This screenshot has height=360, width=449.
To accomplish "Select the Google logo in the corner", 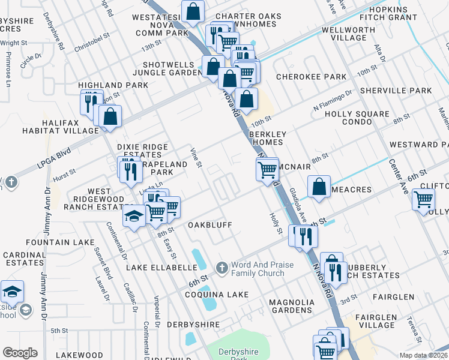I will [20, 353].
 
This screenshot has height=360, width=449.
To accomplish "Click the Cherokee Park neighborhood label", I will [311, 77].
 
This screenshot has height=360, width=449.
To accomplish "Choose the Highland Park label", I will [113, 85].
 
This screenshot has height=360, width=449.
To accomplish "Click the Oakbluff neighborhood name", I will [209, 225].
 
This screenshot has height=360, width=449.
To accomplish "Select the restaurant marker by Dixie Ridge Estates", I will [129, 170].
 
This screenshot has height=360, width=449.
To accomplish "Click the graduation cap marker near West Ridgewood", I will [134, 215].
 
